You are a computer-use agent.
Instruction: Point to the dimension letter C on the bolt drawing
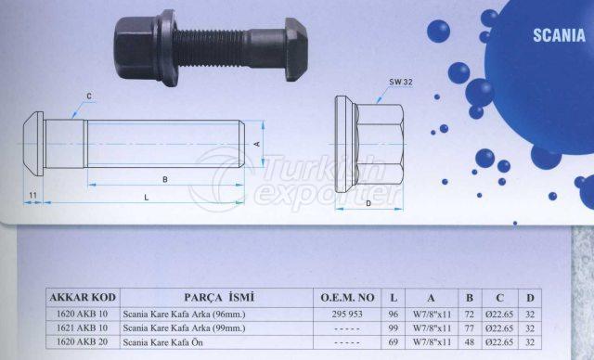click(89, 96)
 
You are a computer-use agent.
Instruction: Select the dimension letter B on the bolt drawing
click(164, 178)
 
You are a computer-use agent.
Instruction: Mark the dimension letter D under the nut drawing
click(368, 203)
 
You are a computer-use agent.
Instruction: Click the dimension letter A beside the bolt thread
click(256, 144)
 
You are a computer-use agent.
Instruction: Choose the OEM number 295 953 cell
click(347, 314)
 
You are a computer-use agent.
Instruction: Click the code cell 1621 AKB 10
click(82, 328)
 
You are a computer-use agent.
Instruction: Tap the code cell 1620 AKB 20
click(82, 341)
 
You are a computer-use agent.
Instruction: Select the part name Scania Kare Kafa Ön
click(169, 341)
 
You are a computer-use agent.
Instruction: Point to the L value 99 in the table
click(394, 328)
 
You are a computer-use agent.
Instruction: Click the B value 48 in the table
click(470, 341)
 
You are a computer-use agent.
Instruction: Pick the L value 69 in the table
click(394, 341)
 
